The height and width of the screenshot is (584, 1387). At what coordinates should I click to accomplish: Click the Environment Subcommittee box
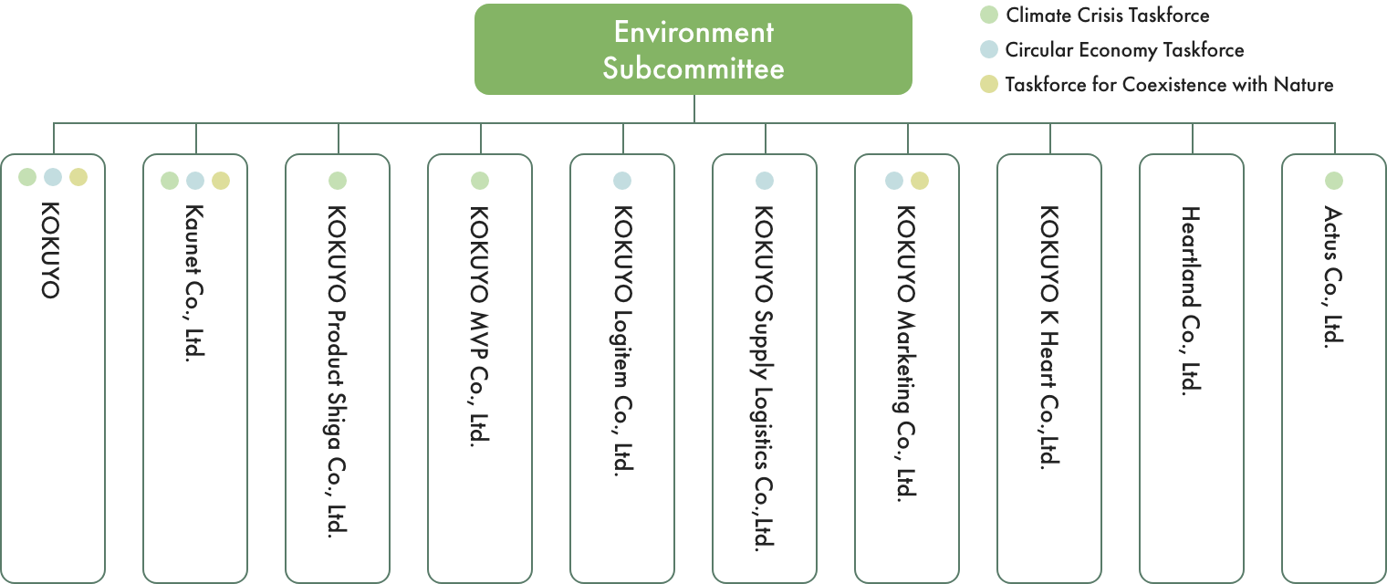(x=693, y=49)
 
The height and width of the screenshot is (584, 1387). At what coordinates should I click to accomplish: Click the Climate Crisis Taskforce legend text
(x=1107, y=16)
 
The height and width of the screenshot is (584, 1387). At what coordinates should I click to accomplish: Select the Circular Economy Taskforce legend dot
(x=987, y=50)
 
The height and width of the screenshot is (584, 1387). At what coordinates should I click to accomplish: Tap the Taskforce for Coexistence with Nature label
(x=1169, y=85)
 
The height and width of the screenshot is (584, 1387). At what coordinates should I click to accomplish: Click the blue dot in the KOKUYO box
(x=53, y=176)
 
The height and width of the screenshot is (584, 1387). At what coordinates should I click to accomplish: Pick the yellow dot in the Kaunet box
(x=221, y=181)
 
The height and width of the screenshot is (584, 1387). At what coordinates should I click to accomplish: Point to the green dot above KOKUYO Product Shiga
(x=338, y=181)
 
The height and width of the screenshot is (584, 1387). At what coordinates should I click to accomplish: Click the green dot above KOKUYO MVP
(x=480, y=181)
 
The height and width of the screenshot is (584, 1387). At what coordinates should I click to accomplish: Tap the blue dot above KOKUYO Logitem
(x=622, y=181)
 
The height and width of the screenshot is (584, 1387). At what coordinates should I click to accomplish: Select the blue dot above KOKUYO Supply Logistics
(x=765, y=181)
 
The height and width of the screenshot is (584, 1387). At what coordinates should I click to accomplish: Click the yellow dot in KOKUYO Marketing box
(x=920, y=181)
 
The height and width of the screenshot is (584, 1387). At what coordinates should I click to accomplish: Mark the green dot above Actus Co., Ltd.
(x=1334, y=181)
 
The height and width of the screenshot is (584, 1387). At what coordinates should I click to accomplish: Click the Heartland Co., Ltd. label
(x=1191, y=299)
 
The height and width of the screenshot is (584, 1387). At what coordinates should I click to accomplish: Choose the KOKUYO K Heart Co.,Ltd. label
(x=1049, y=336)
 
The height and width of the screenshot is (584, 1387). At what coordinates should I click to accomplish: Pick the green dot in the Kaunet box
(x=170, y=181)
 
